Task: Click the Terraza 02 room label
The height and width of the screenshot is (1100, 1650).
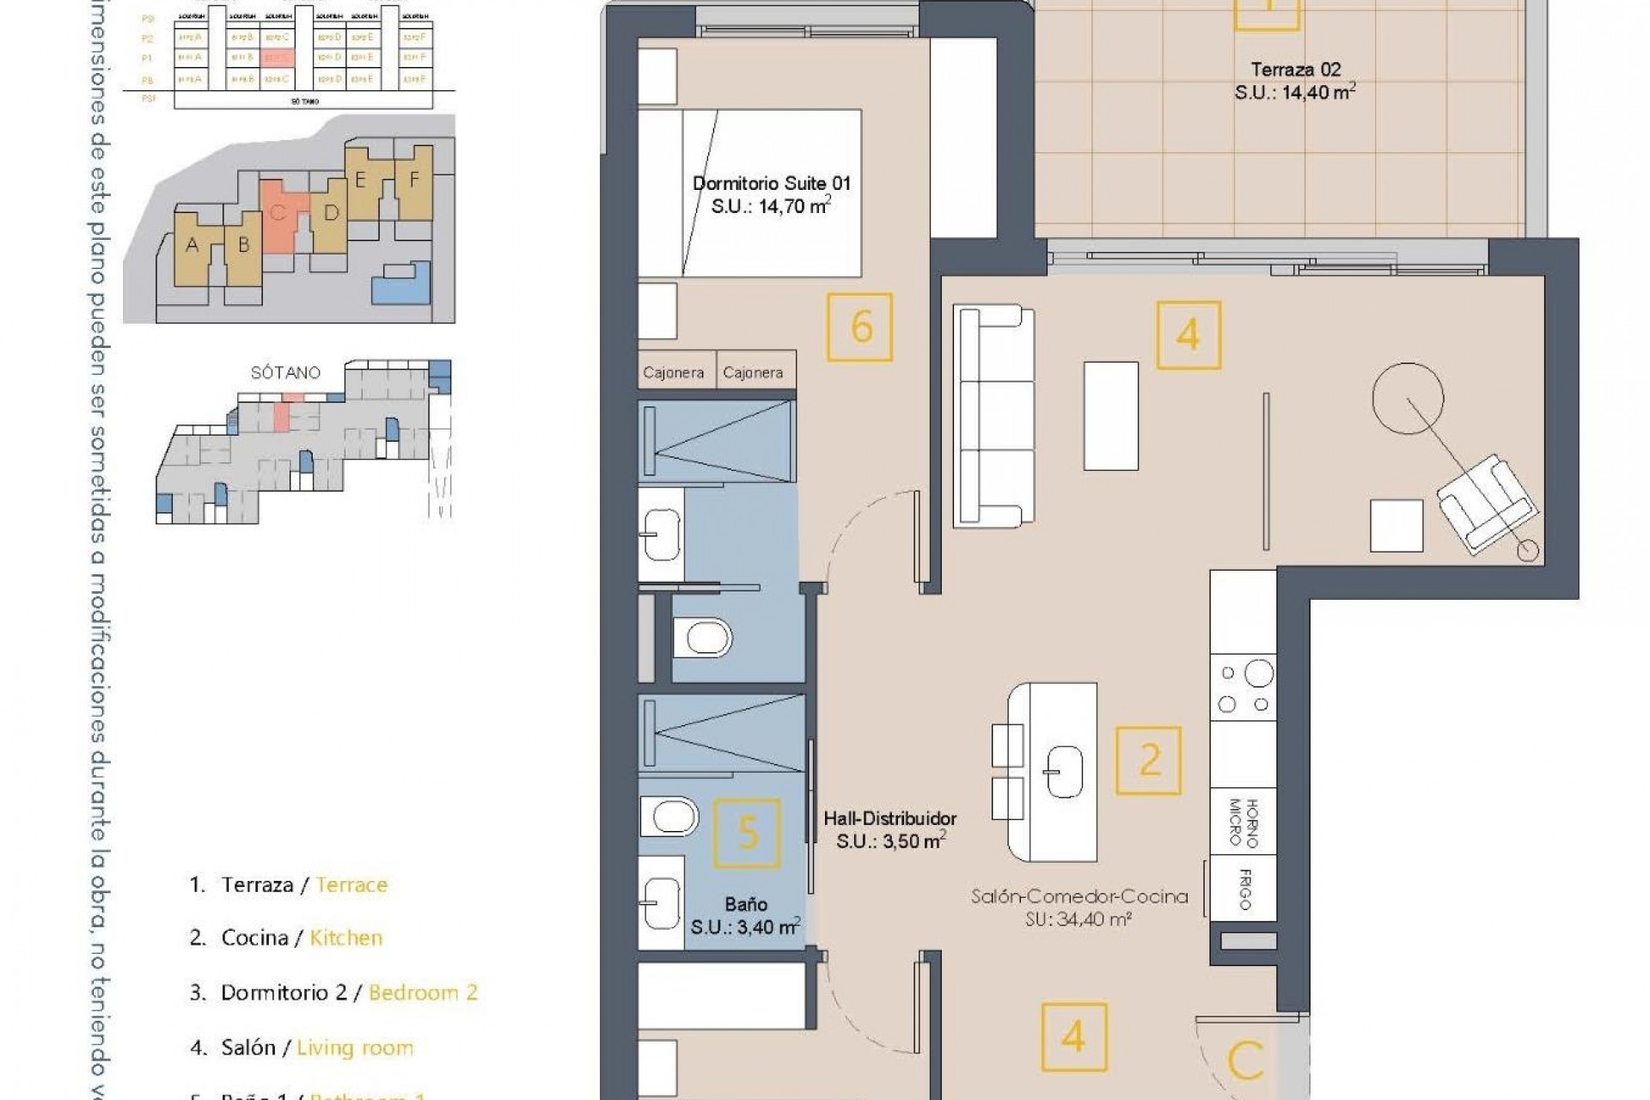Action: pyautogui.click(x=1295, y=70)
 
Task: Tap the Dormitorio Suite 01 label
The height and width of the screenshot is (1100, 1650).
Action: pyautogui.click(x=771, y=183)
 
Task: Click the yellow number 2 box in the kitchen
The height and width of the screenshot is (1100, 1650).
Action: pyautogui.click(x=1148, y=761)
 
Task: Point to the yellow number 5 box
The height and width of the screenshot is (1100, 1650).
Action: pyautogui.click(x=748, y=832)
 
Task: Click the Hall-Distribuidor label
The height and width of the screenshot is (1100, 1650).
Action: pyautogui.click(x=889, y=819)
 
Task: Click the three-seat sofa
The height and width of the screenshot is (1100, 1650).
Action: pyautogui.click(x=994, y=415)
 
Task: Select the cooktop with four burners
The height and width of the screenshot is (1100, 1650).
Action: pyautogui.click(x=1243, y=687)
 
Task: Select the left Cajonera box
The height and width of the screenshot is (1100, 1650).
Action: pyautogui.click(x=674, y=372)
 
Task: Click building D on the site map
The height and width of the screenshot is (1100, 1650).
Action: pyautogui.click(x=330, y=212)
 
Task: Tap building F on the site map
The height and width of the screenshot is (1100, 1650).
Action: pyautogui.click(x=414, y=180)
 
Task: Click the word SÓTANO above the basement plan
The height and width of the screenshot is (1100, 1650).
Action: pyautogui.click(x=285, y=372)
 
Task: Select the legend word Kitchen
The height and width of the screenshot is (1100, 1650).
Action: pyautogui.click(x=345, y=938)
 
